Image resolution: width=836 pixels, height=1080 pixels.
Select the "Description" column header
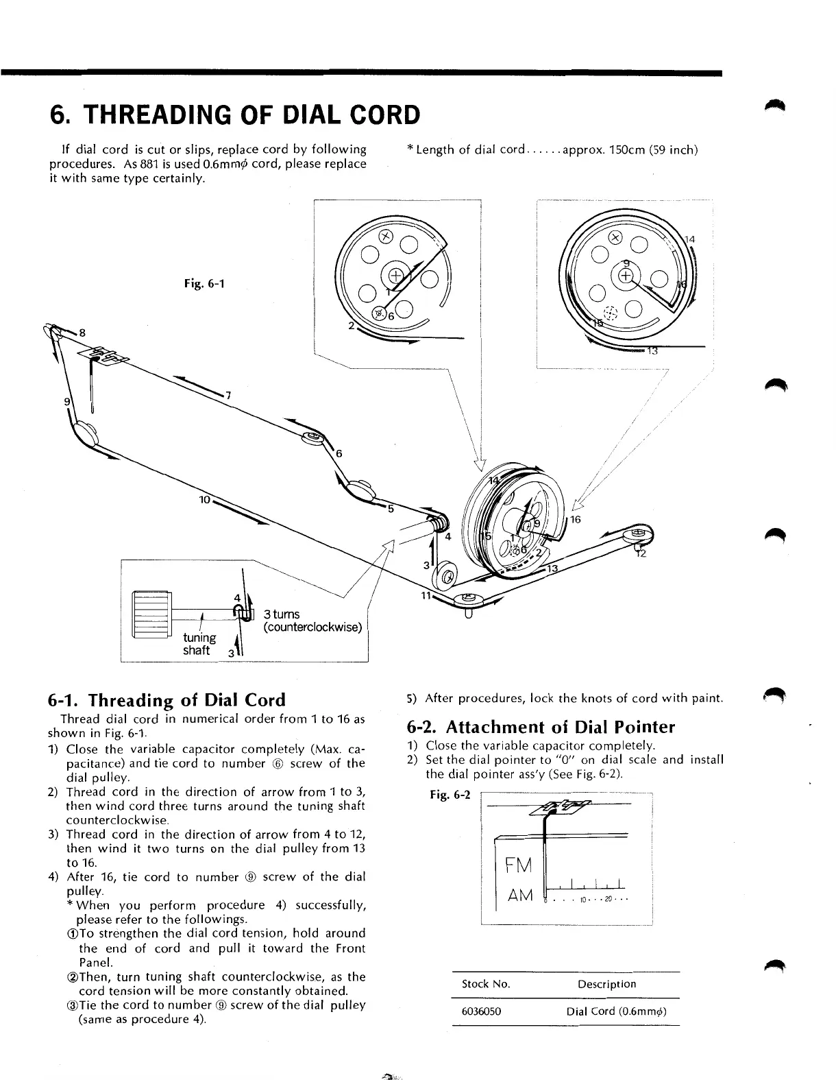(x=606, y=984)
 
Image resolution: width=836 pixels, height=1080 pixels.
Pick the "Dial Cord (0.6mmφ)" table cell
(x=617, y=1011)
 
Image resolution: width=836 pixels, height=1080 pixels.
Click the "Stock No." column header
(x=486, y=984)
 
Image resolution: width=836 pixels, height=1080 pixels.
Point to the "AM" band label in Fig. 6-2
(x=520, y=896)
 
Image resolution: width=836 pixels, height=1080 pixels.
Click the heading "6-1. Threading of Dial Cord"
(x=167, y=700)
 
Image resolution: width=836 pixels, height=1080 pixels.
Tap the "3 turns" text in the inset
(x=282, y=614)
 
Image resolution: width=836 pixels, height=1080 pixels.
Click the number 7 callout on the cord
(x=229, y=396)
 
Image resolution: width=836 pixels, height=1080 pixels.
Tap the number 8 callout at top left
(x=83, y=333)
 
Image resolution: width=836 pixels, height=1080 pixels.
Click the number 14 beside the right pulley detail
(x=690, y=239)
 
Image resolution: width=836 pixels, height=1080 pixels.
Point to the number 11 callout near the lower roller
(x=425, y=595)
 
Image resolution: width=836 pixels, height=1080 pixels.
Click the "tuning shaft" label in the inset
(x=198, y=644)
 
